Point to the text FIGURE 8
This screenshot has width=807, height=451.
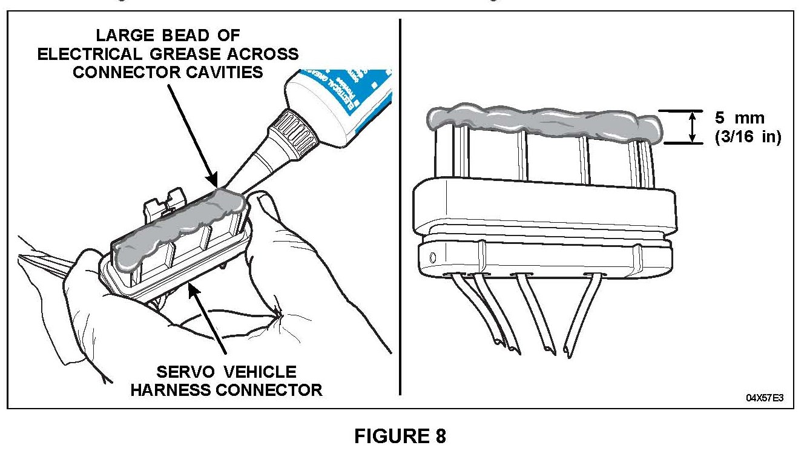[x=400, y=436]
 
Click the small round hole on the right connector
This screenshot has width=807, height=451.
[x=432, y=258]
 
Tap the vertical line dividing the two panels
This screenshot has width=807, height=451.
[x=400, y=206]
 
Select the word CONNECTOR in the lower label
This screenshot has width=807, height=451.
[x=272, y=390]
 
